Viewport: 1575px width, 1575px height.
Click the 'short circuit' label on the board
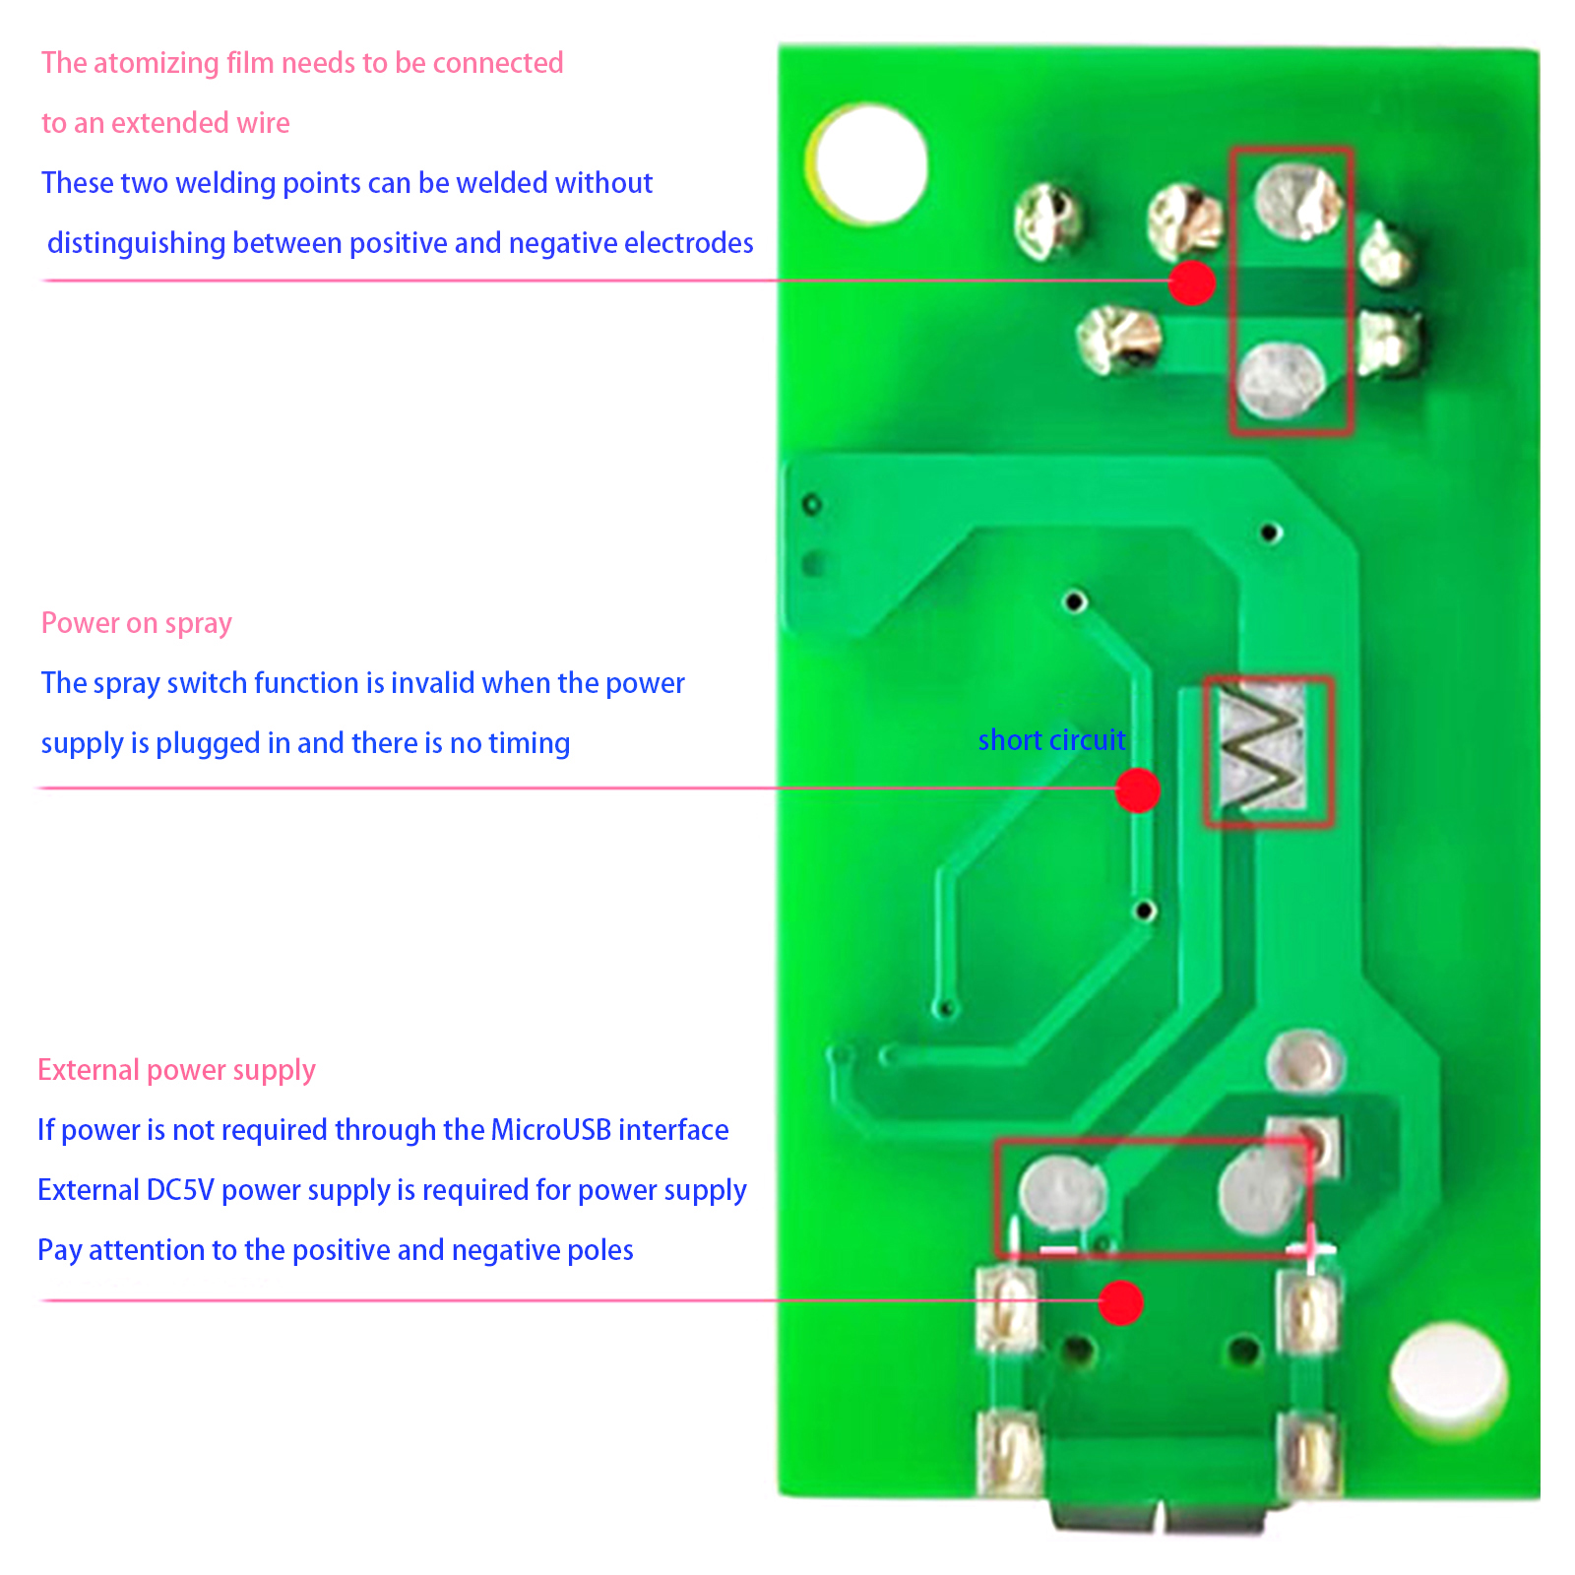tap(1051, 740)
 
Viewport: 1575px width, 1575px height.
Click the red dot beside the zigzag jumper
tap(1138, 790)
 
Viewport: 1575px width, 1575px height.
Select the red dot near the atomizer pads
tap(1192, 283)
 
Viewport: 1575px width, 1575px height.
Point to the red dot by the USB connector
tap(1120, 1302)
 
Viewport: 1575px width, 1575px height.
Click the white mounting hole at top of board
tap(868, 164)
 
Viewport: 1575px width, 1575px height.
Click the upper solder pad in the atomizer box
tap(1298, 201)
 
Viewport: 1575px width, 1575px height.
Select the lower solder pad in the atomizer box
tap(1281, 380)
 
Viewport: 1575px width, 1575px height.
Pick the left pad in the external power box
tap(1061, 1192)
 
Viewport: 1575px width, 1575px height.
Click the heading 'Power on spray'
tap(137, 623)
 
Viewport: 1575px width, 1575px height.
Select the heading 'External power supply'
tap(176, 1070)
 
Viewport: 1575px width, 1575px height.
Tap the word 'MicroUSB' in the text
tap(551, 1130)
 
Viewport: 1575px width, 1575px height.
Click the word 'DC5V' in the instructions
tap(180, 1190)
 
